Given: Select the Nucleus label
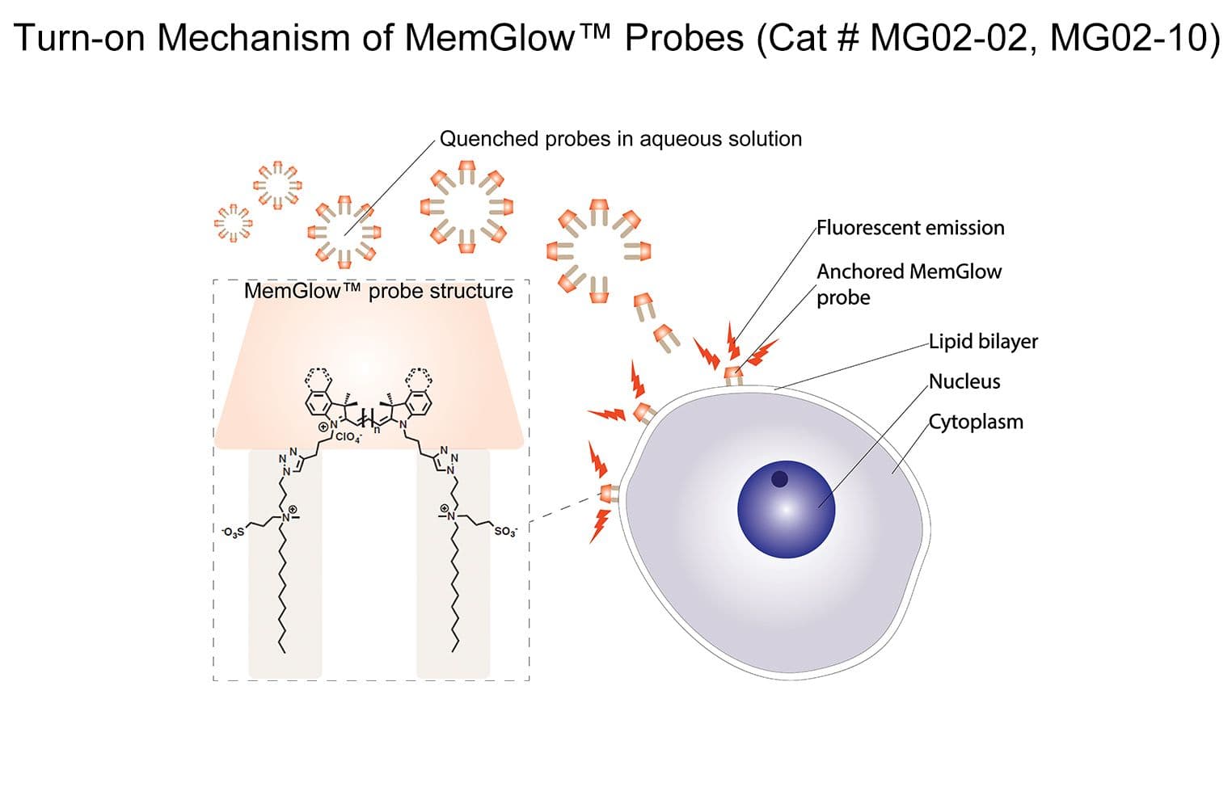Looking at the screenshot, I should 964,381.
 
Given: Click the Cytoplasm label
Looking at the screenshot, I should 976,422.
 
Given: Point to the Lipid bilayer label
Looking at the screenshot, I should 983,341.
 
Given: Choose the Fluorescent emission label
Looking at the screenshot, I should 910,228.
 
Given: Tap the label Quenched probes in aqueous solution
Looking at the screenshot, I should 621,139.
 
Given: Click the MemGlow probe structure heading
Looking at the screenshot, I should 378,291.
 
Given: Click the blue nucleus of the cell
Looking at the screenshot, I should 786,509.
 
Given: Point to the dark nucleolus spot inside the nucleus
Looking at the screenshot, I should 779,479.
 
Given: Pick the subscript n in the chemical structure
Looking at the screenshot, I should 376,429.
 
